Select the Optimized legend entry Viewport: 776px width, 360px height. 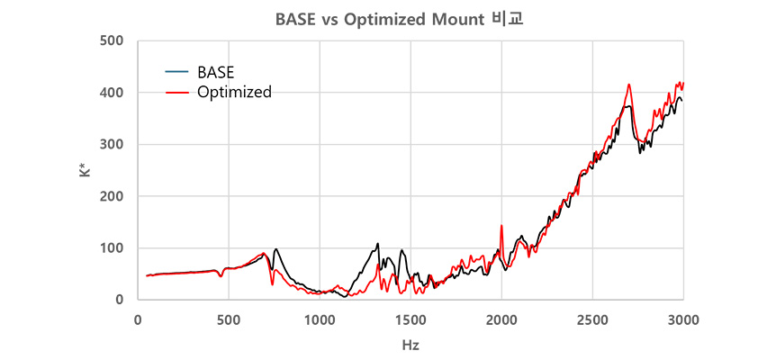coord(234,92)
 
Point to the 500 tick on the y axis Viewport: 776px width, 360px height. coord(113,40)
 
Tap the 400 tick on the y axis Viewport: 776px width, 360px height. coord(113,93)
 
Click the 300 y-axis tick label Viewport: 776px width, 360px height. coord(113,144)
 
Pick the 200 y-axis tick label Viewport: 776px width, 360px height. coord(113,196)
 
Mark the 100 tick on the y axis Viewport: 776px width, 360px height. coord(113,247)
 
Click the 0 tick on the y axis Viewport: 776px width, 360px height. coord(119,300)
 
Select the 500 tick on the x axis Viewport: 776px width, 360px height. coord(229,319)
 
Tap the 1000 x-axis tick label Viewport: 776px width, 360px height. coord(320,319)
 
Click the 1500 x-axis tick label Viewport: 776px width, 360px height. coord(411,319)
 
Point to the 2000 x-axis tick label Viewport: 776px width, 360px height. coord(501,319)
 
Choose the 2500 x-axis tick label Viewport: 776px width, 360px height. coord(592,319)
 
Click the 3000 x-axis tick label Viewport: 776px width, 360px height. coord(683,319)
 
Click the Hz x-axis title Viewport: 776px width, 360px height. coord(411,345)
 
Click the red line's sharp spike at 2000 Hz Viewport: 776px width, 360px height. coord(501,226)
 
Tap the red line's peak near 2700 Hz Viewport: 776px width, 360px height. coord(629,85)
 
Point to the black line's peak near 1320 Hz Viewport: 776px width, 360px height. coord(378,244)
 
